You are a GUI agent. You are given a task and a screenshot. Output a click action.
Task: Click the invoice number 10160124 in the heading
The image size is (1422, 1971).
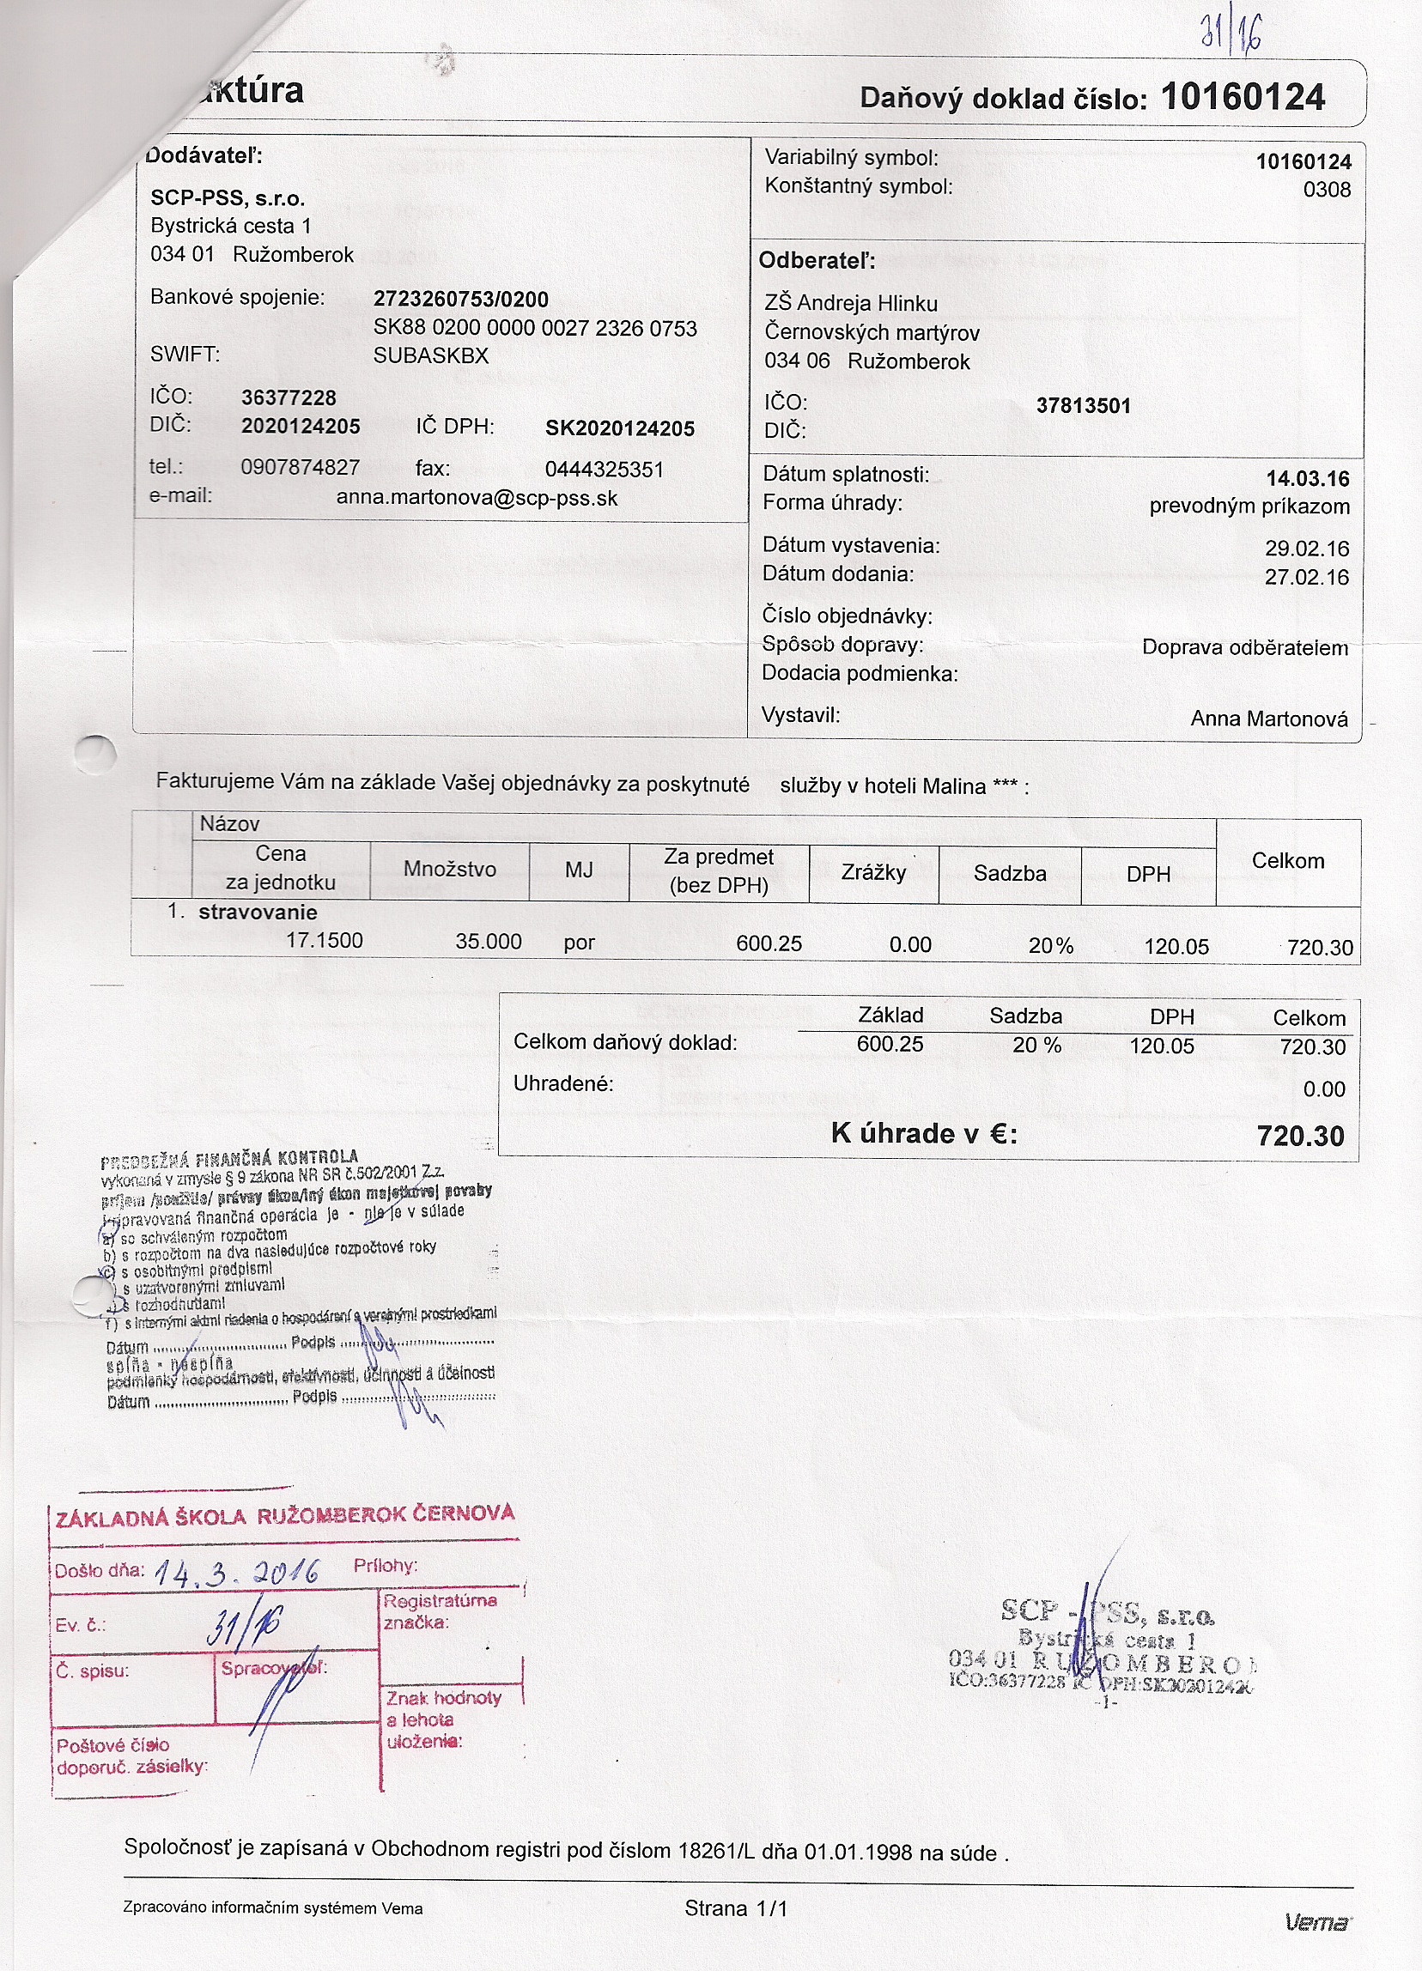coord(1242,97)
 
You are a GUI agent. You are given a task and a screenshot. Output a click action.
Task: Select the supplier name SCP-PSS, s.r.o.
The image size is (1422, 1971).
coord(228,198)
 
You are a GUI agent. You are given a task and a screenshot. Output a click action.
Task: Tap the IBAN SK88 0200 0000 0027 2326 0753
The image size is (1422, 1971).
coord(535,329)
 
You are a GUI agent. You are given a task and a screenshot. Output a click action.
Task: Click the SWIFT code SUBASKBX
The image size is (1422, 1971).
coord(431,356)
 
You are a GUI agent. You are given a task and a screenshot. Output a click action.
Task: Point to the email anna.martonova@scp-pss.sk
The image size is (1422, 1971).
coord(477,499)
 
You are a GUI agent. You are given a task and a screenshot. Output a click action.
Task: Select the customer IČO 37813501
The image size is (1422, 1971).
coord(1083,406)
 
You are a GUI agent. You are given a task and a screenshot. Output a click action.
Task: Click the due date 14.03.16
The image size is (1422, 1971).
coord(1307,479)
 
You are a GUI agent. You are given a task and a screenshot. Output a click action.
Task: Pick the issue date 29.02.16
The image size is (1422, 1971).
coord(1306,549)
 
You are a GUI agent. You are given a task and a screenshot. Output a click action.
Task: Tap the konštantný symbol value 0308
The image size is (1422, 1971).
coord(1327,190)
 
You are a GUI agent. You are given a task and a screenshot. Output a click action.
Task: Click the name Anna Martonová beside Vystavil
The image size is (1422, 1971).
coord(1269,719)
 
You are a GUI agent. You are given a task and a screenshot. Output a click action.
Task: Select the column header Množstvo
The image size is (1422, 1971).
coord(449,869)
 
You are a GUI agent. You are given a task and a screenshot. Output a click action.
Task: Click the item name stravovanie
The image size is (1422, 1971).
coord(258,913)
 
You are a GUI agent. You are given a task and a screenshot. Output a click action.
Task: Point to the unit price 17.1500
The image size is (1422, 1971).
coord(325,941)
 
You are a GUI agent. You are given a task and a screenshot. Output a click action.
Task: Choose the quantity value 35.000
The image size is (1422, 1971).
coord(489,942)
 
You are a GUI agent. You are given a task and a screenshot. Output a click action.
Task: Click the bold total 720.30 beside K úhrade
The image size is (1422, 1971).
coord(1300,1136)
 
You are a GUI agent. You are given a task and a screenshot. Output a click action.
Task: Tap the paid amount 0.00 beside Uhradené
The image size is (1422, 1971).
coord(1324,1089)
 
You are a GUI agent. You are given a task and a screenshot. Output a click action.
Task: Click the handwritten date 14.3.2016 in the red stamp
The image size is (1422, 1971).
coord(236,1572)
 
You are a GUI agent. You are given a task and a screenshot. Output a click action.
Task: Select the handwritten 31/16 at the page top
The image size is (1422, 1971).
coord(1231,33)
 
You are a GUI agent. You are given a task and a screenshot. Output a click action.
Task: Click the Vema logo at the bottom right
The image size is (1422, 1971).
coord(1319,1922)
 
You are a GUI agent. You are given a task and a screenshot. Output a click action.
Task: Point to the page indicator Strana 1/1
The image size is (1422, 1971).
coord(735,1908)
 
